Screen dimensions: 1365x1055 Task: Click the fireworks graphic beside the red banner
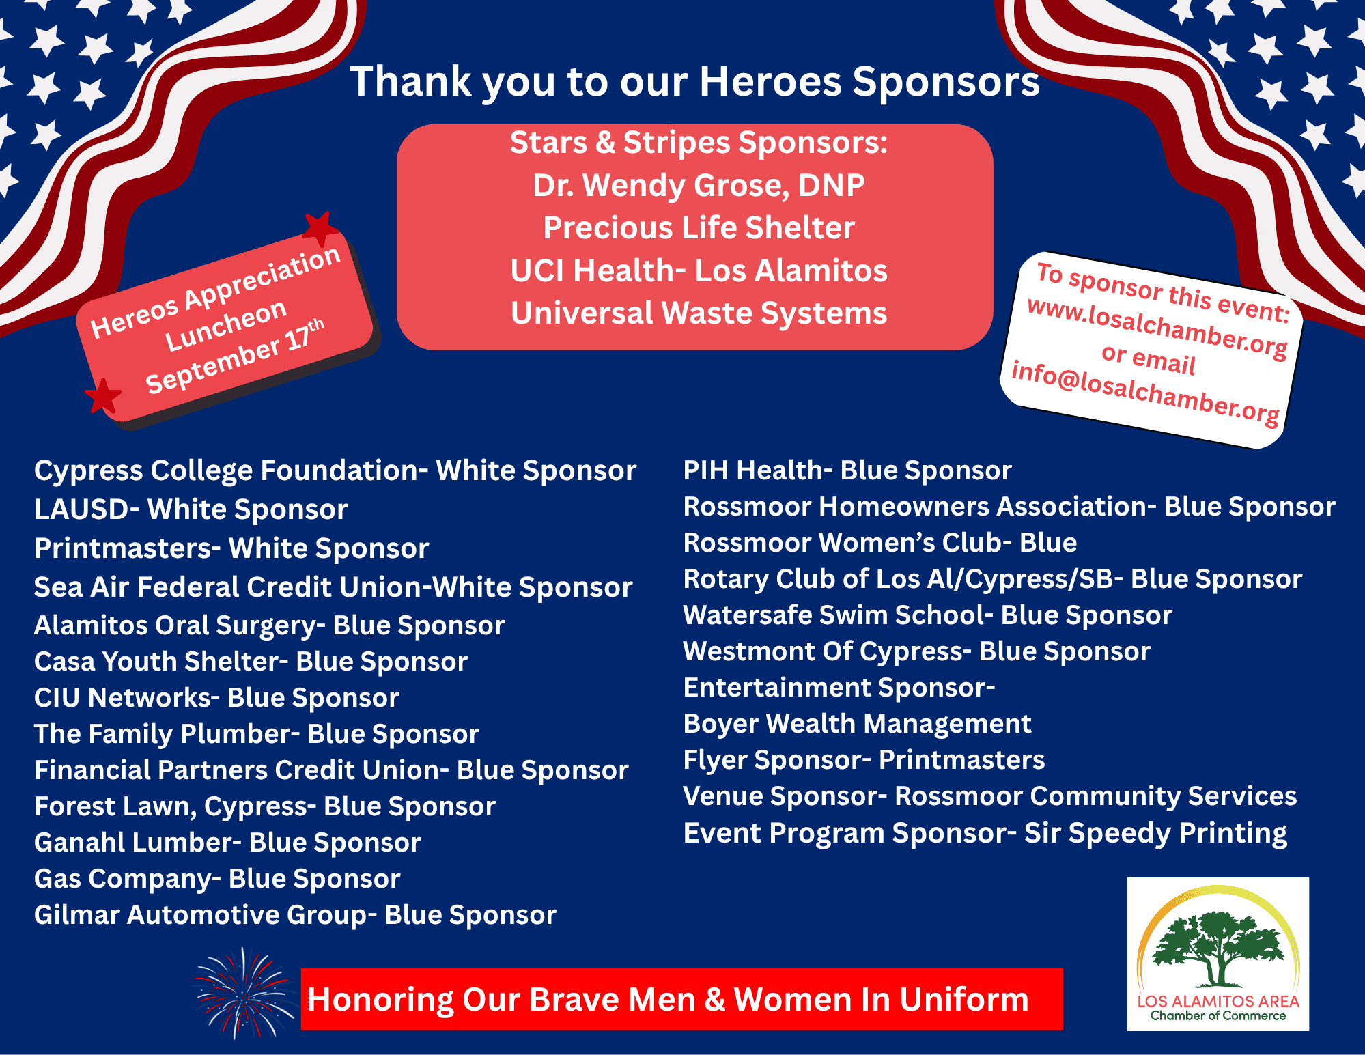point(244,994)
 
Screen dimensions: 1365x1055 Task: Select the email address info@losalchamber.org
point(1145,392)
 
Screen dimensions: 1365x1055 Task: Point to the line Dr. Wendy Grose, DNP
point(699,186)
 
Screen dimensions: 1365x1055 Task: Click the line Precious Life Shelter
point(699,227)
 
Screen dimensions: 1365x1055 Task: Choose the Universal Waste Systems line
point(699,313)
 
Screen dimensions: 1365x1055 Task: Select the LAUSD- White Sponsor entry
point(191,510)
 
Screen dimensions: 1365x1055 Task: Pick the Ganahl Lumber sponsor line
point(227,843)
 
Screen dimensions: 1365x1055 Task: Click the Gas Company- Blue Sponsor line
point(217,880)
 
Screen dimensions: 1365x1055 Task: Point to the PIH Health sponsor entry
point(847,470)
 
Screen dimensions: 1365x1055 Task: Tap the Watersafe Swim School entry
point(928,615)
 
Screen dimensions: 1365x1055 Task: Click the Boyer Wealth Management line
point(857,724)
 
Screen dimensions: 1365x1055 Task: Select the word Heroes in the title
point(771,82)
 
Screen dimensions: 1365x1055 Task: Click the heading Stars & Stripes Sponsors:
point(699,143)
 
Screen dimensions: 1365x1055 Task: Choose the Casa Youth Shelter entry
point(251,662)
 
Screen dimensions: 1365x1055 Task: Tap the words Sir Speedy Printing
point(1155,834)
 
